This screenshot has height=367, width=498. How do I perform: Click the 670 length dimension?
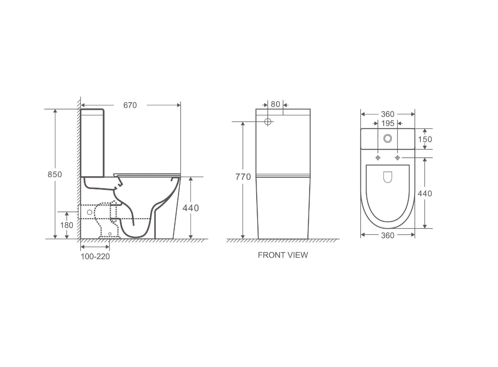130,105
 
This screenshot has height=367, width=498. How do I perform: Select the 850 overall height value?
55,174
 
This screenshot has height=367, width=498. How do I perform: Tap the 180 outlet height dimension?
67,225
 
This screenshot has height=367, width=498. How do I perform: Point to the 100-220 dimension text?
95,256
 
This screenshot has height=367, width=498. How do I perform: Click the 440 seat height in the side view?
191,208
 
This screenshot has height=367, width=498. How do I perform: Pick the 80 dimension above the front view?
275,104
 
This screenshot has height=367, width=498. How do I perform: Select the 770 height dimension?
243,177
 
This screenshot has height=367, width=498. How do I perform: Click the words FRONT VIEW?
283,255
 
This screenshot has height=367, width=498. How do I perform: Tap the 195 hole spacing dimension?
387,123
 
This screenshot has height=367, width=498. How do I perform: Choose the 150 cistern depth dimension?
425,139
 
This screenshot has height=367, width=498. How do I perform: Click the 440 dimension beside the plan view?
425,193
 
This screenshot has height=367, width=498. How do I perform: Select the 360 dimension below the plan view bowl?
387,235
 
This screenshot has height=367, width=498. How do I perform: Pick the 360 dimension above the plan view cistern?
387,115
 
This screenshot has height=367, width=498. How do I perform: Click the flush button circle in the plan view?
388,138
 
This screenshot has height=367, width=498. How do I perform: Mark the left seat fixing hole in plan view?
378,158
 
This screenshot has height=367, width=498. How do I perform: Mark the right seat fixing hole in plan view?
397,158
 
